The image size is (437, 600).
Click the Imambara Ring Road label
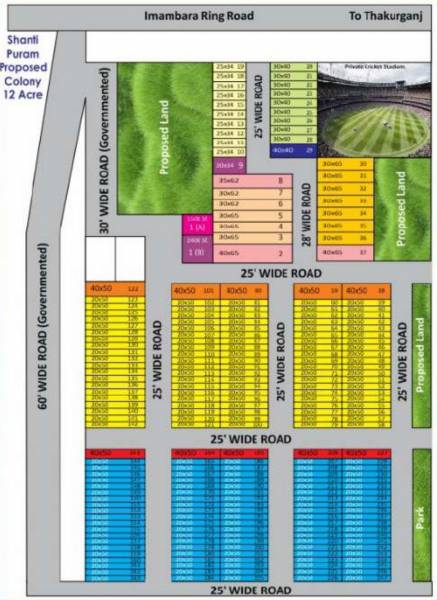coord(199,16)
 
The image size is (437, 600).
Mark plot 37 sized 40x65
coord(345,252)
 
